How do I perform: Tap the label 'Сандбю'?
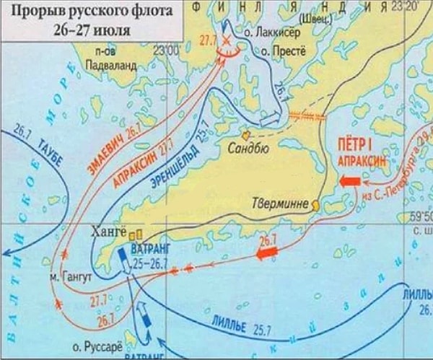(248, 152)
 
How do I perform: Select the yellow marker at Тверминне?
(315, 205)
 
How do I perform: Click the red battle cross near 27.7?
(227, 41)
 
